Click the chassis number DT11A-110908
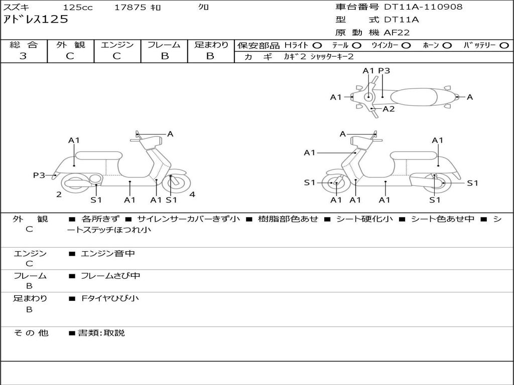(x=423, y=7)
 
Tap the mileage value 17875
(x=130, y=7)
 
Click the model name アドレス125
(x=36, y=20)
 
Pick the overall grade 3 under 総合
(x=23, y=56)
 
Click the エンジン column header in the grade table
(x=117, y=45)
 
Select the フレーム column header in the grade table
(x=164, y=45)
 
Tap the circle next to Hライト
(x=317, y=46)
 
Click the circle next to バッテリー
(x=504, y=46)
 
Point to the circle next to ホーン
(x=447, y=46)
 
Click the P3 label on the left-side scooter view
(x=39, y=175)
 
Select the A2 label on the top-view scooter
(x=389, y=109)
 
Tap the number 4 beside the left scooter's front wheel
(x=192, y=195)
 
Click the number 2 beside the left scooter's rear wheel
(x=59, y=195)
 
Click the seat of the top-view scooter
(x=414, y=97)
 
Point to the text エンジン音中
(x=108, y=253)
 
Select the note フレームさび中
(x=110, y=276)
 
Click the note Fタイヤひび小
(x=110, y=298)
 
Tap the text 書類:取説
(x=101, y=333)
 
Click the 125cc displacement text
(x=78, y=7)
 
